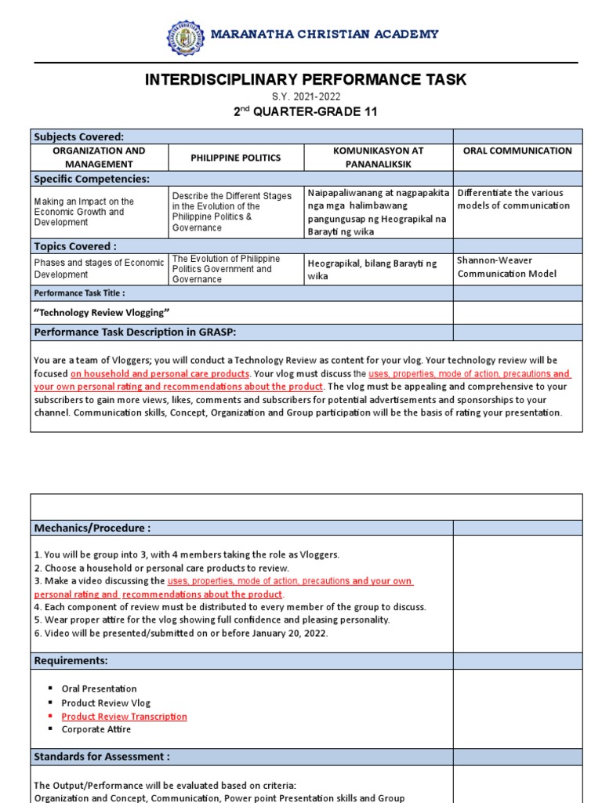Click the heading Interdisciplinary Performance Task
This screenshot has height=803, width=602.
(x=306, y=79)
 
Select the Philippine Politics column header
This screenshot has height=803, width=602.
(x=236, y=158)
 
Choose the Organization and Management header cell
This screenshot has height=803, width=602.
(x=99, y=158)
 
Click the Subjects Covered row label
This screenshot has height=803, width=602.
(x=79, y=136)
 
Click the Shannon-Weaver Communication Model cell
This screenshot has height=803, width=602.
(x=507, y=267)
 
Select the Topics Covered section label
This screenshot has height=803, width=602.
(x=75, y=246)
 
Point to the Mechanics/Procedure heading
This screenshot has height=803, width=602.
(x=92, y=528)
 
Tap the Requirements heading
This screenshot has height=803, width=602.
(x=71, y=661)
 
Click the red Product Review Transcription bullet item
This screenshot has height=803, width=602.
(x=124, y=717)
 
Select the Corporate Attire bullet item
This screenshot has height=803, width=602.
(x=96, y=729)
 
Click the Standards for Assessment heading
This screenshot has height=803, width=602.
(x=102, y=757)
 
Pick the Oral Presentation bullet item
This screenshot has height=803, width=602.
(x=99, y=689)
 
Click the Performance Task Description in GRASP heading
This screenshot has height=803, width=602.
(x=135, y=332)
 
